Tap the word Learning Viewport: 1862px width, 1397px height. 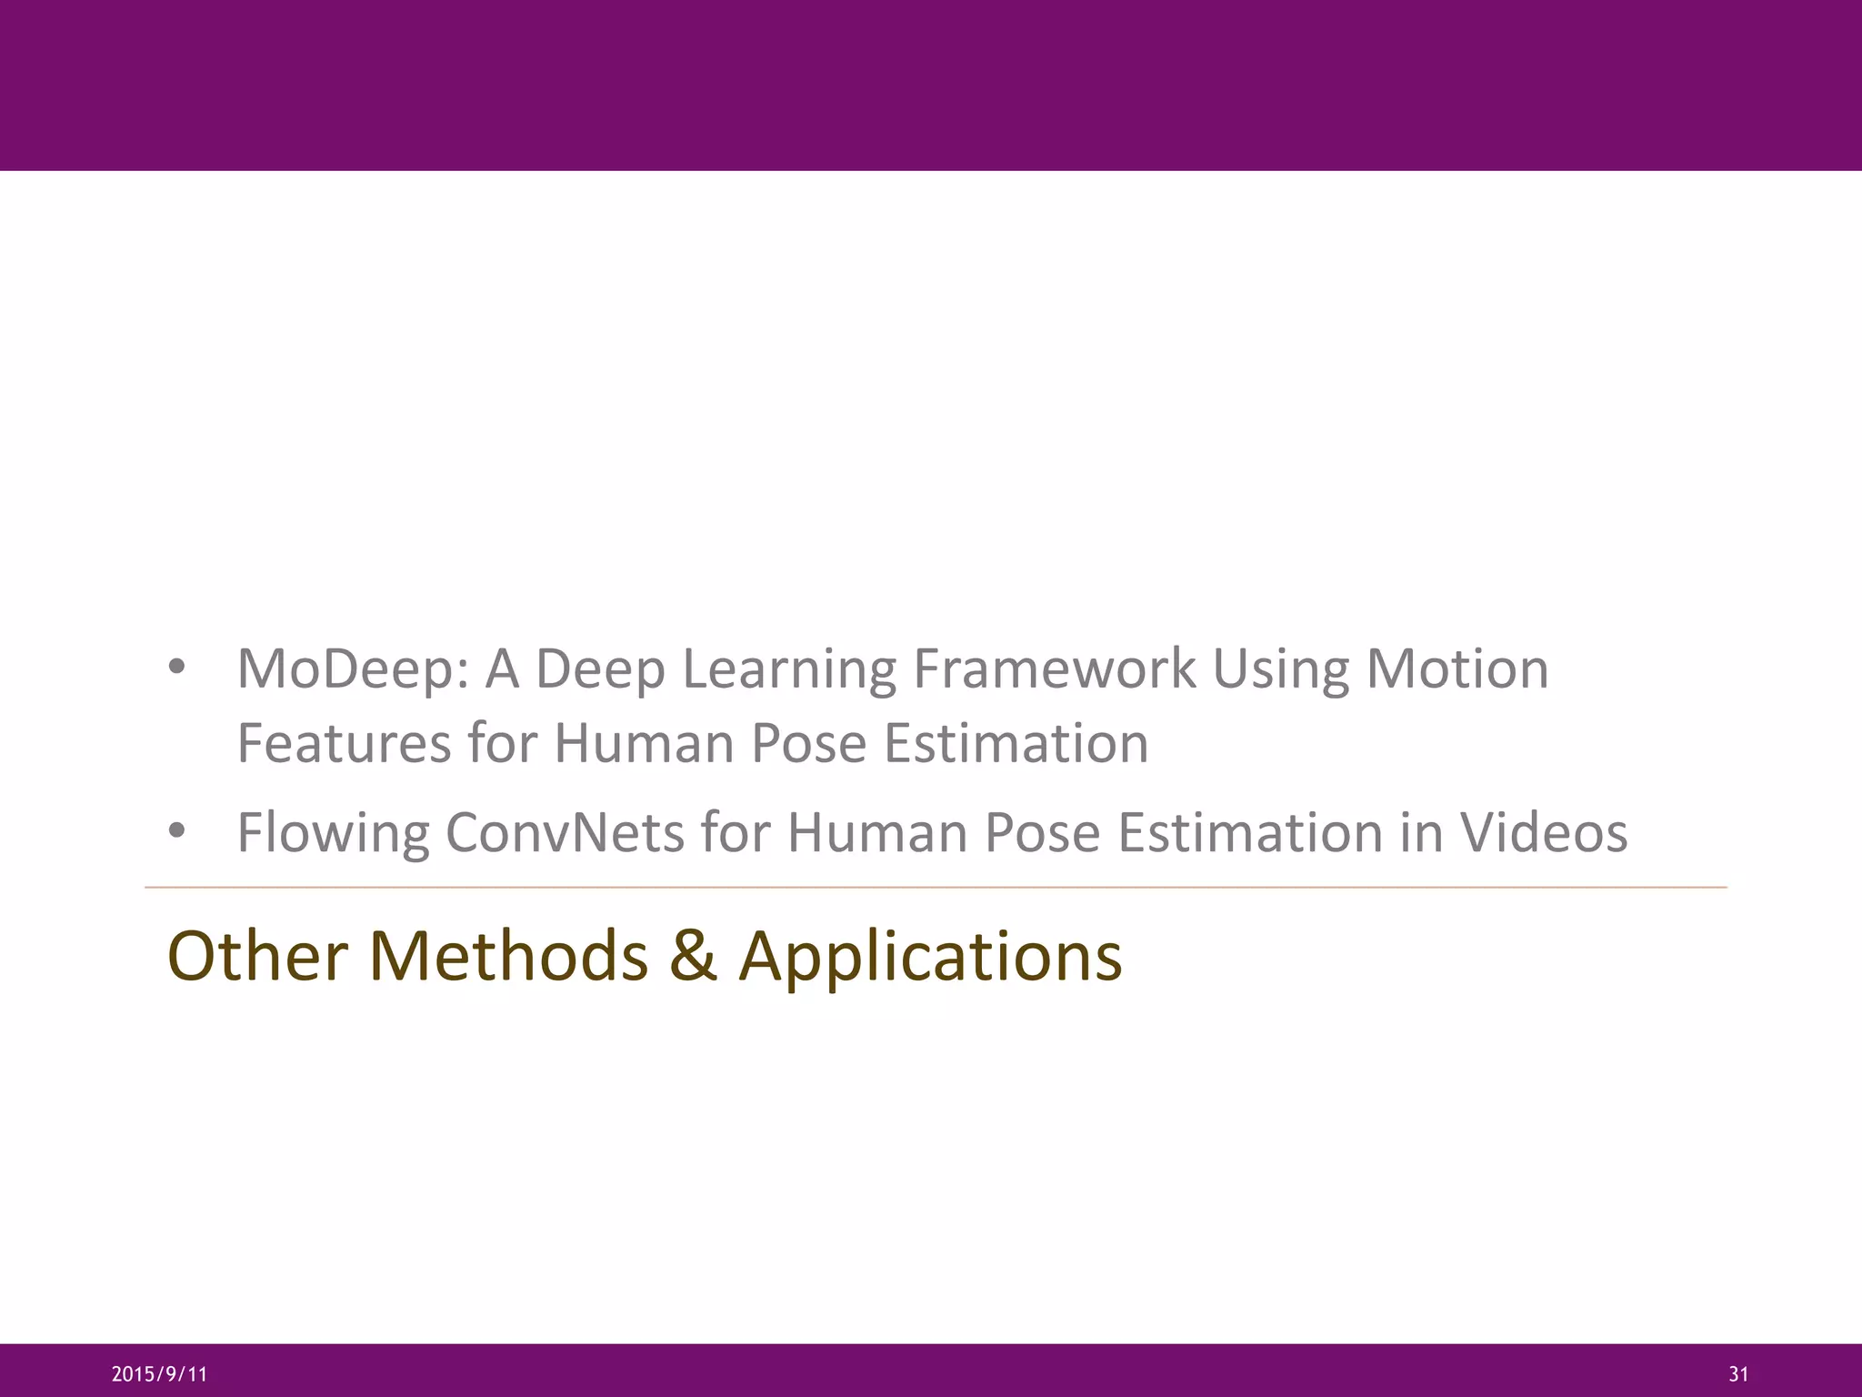(x=788, y=670)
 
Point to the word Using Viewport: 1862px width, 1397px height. (x=1280, y=670)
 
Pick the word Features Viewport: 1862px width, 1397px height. (x=344, y=743)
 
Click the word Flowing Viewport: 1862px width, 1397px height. (x=333, y=833)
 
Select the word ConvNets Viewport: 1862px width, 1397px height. (x=565, y=832)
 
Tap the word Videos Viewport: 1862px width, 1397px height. (x=1544, y=832)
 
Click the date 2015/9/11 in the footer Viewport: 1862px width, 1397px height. (x=159, y=1374)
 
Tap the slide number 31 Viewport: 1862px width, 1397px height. (x=1738, y=1374)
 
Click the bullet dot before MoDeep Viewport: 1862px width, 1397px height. (x=177, y=668)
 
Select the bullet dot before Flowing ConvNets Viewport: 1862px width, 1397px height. (x=177, y=831)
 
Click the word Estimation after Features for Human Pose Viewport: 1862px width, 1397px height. (x=1016, y=743)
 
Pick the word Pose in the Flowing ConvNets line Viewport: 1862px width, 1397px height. (x=1042, y=832)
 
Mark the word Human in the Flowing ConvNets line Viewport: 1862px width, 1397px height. (x=876, y=832)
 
